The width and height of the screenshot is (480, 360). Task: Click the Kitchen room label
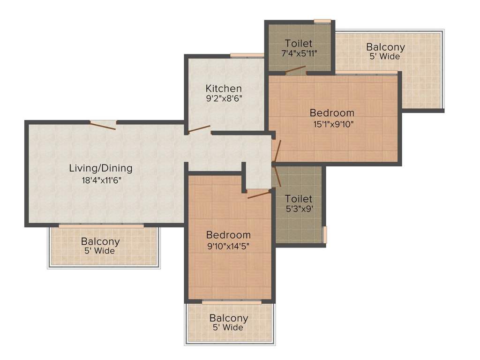point(224,89)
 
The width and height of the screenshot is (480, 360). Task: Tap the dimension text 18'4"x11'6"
point(101,180)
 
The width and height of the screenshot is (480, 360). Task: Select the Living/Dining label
point(101,168)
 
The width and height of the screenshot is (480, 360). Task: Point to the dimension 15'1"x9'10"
point(333,124)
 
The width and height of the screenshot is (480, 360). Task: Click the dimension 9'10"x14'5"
point(228,246)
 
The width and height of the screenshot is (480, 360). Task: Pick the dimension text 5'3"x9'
point(299,209)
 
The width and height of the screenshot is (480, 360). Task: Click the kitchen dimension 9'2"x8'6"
point(224,98)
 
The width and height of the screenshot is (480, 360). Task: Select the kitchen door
point(199,129)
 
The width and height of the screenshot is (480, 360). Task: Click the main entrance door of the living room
point(103,125)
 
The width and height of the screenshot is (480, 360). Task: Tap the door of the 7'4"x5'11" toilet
point(295,69)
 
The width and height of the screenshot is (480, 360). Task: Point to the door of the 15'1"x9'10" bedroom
point(277,150)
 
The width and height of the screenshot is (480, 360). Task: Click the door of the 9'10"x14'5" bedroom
point(259,194)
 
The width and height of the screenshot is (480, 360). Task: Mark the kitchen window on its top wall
point(247,55)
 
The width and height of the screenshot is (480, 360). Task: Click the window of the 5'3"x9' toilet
point(325,234)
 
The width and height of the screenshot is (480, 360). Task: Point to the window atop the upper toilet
point(322,21)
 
